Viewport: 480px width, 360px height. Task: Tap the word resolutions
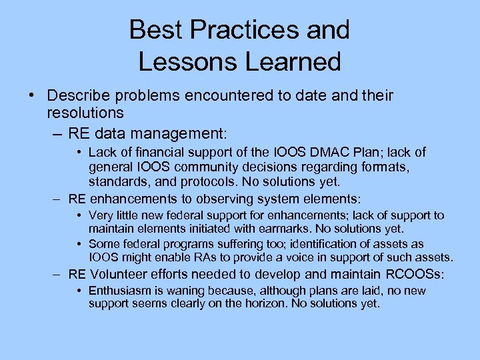click(x=86, y=113)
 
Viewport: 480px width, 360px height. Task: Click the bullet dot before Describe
click(x=31, y=96)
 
